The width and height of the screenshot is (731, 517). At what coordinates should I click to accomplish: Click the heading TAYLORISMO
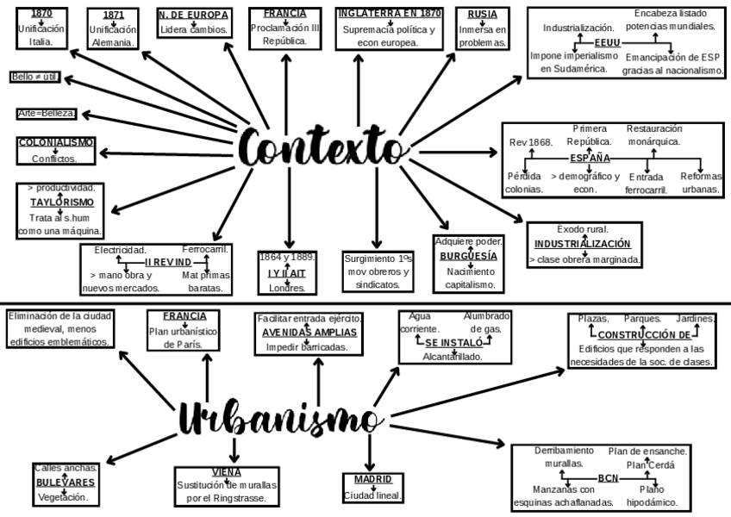tap(59, 202)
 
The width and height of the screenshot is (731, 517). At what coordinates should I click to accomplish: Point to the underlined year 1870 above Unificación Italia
tap(41, 14)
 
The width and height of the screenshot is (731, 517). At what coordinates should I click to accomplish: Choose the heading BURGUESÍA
tap(468, 256)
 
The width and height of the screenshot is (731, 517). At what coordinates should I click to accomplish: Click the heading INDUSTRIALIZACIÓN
tap(582, 244)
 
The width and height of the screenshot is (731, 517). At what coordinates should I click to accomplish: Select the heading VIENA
tap(226, 471)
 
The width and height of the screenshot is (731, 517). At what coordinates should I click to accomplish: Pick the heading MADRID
tap(372, 479)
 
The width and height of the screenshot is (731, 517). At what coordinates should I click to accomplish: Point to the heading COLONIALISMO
tap(56, 142)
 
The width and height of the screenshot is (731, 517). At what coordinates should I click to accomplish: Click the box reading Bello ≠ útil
tap(35, 77)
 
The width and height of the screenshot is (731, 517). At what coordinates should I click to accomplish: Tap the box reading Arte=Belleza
tap(47, 114)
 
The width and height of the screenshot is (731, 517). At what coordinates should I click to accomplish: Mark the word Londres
tap(287, 288)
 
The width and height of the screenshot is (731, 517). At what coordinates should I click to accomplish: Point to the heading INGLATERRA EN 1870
tap(389, 14)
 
